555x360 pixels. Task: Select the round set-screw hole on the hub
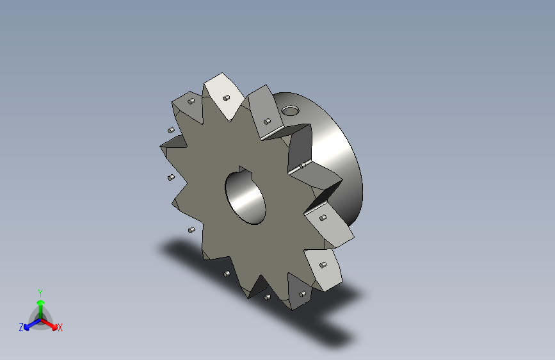[290, 110]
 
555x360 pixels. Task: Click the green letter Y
[40, 291]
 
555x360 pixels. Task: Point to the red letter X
[60, 328]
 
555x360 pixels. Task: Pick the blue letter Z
[21, 327]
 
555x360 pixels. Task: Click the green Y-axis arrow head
[40, 302]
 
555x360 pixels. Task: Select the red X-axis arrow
[51, 323]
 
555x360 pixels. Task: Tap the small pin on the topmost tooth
[227, 98]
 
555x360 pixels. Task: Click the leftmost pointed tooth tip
[161, 147]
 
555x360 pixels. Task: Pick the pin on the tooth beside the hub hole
[268, 120]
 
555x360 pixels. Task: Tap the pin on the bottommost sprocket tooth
[301, 294]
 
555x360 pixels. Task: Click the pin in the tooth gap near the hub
[301, 167]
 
